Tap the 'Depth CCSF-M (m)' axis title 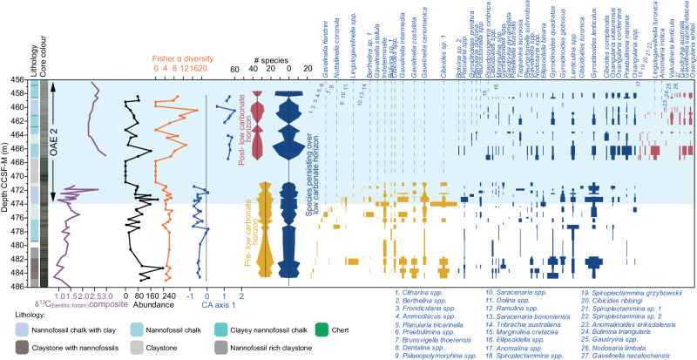click(x=6, y=183)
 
